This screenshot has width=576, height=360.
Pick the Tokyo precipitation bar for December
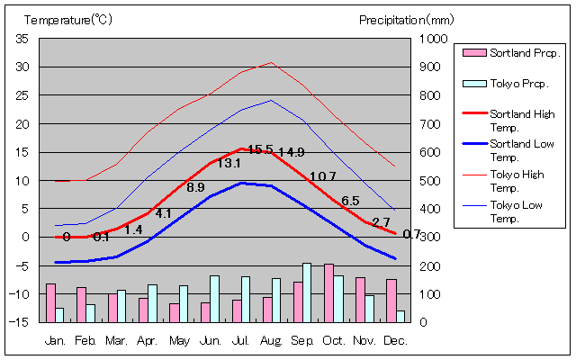click(x=400, y=316)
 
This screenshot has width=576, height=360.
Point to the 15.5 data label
click(x=260, y=149)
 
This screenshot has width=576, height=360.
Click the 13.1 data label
click(x=229, y=163)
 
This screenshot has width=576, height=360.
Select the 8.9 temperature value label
click(x=195, y=187)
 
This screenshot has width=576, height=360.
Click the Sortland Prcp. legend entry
click(x=509, y=52)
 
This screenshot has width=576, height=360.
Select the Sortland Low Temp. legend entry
click(x=509, y=149)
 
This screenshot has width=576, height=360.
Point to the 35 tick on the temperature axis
click(x=22, y=39)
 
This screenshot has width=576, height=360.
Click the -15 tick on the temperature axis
click(x=21, y=322)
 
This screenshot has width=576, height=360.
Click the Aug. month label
click(x=271, y=340)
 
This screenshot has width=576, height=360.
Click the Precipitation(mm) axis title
click(x=406, y=19)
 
